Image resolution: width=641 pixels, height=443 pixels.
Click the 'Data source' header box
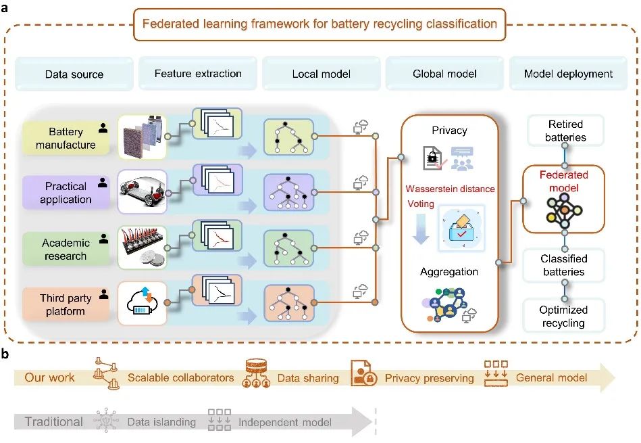point(74,74)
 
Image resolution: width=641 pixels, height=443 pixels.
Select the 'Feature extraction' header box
point(198,73)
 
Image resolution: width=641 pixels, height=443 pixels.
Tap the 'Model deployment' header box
point(568,74)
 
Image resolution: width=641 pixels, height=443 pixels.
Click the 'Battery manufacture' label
point(66,138)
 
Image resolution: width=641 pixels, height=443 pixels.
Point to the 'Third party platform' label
point(66,304)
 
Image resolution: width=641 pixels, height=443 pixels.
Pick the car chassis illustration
point(143,191)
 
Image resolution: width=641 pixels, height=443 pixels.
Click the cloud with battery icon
point(142,302)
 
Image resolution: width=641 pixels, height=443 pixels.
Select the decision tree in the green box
point(288,248)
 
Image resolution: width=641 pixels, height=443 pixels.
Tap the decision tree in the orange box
point(288,303)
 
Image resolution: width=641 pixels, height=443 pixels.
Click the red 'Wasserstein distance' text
point(450,189)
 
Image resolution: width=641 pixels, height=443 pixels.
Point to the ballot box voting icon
point(462,228)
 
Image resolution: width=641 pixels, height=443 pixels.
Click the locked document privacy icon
point(433,158)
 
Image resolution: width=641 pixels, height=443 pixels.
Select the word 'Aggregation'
point(449,271)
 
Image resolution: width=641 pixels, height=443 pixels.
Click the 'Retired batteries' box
point(565,131)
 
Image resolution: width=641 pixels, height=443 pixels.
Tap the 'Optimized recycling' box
point(563,316)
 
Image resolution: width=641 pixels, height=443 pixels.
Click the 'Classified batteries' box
point(564,265)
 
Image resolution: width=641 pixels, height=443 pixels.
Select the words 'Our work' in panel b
point(49,377)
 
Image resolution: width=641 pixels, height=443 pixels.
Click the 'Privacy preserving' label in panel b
point(429,378)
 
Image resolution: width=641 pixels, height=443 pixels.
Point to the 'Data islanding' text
point(161,422)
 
